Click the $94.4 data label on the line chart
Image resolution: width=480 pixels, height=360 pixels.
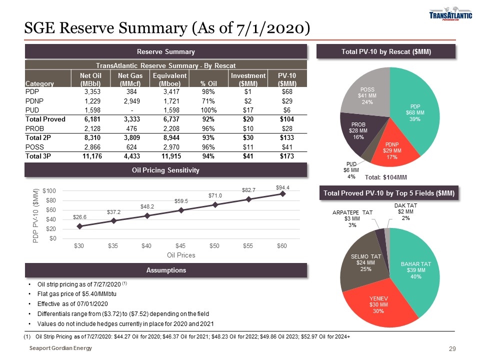coord(283,187)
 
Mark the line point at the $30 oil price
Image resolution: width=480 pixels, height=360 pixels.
coord(79,226)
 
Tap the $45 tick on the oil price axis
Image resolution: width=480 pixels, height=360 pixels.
coord(181,245)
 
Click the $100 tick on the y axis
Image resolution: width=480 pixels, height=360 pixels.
coord(49,191)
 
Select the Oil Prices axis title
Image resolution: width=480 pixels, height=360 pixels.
coord(181,255)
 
